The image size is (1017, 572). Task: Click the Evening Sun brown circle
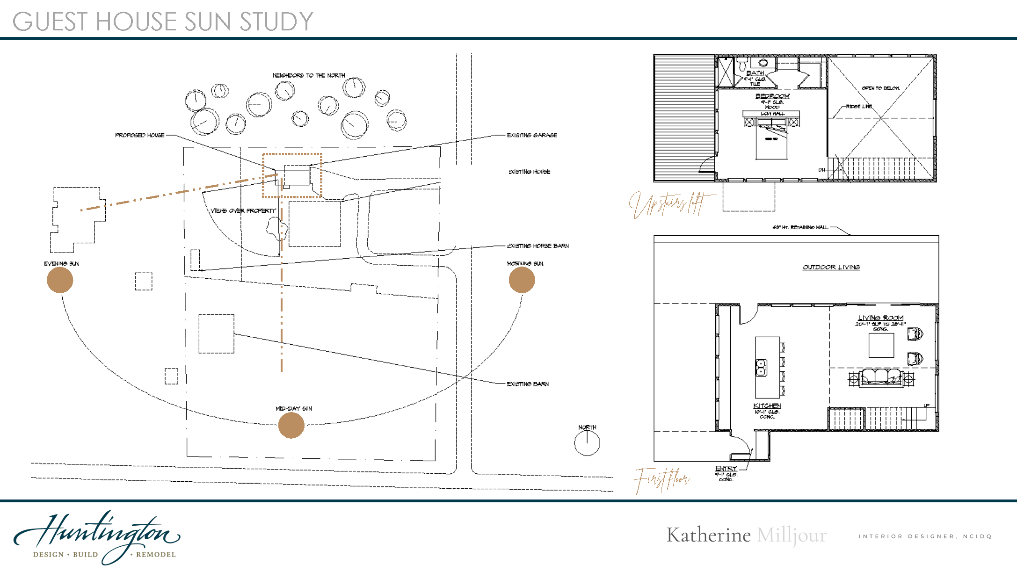(60, 280)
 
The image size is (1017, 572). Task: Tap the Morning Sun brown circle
(522, 280)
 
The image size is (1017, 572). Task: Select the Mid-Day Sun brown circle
(291, 425)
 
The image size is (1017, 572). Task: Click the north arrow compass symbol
(587, 442)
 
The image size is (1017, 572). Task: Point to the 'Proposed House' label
(140, 135)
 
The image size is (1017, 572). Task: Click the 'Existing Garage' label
(532, 135)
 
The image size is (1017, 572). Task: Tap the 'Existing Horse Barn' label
(538, 246)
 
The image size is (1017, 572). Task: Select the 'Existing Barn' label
(528, 384)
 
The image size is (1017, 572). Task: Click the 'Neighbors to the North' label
(309, 75)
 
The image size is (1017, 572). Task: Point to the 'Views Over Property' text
(243, 210)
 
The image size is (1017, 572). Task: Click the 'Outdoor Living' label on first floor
(831, 267)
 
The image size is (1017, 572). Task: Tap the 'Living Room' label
(880, 318)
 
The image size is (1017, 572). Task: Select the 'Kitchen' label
(767, 405)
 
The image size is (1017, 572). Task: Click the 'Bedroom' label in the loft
(772, 96)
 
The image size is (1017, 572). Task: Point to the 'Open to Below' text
(880, 88)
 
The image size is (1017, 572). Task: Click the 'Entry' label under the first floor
(726, 468)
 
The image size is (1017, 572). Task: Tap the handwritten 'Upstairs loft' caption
(669, 204)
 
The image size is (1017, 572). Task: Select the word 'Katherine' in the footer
(708, 535)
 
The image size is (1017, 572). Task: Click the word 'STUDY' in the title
(276, 22)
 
